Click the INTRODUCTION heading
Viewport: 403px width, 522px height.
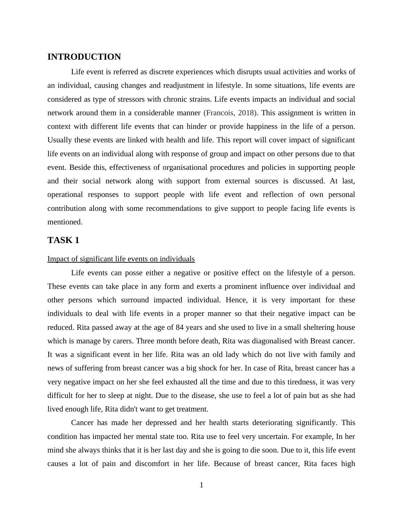point(84,57)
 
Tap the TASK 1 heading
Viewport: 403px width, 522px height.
point(63,240)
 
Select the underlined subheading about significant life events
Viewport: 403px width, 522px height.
point(121,259)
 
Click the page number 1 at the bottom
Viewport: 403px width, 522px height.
point(201,485)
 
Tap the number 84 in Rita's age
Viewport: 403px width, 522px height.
point(179,327)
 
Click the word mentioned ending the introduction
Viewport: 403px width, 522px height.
point(65,222)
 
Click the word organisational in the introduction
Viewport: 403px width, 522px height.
point(185,167)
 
